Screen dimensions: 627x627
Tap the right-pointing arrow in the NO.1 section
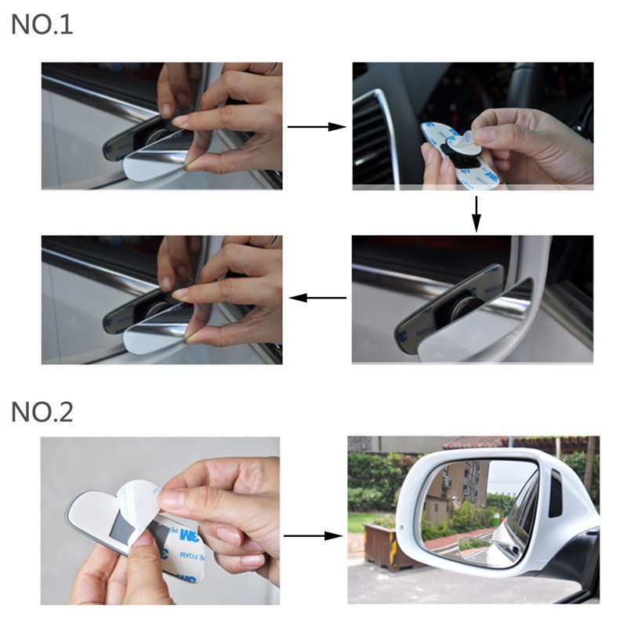click(x=317, y=126)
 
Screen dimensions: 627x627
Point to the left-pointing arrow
click(x=317, y=298)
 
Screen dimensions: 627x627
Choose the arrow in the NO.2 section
click(x=313, y=536)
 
